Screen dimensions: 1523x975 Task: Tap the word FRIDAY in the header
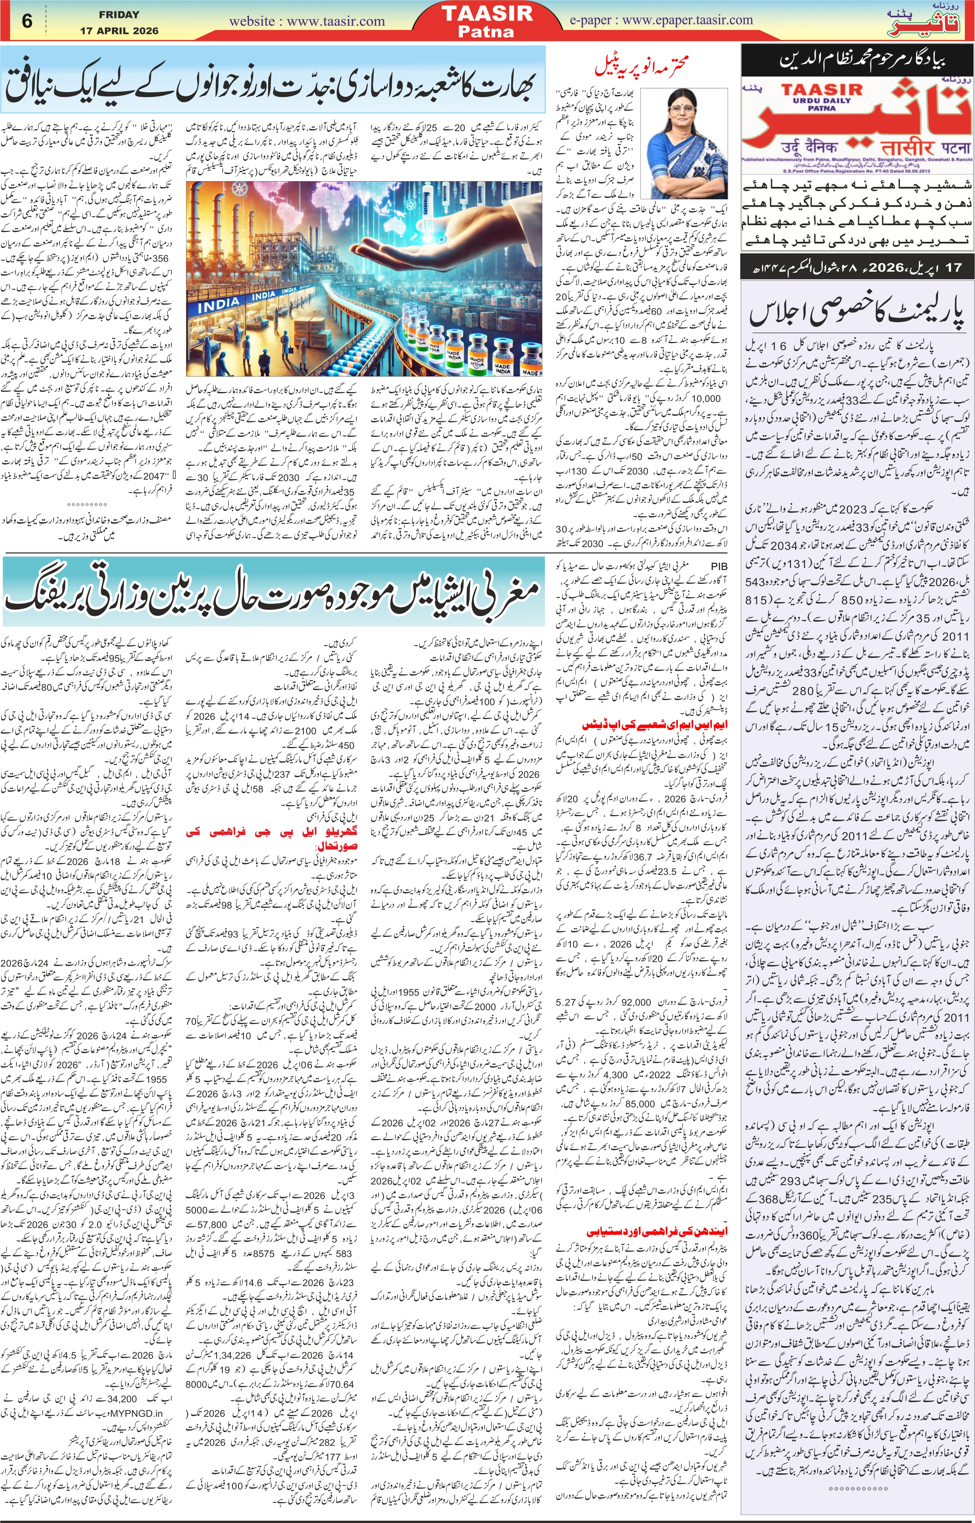tap(119, 14)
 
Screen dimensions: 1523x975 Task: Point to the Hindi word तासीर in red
tap(893, 147)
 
